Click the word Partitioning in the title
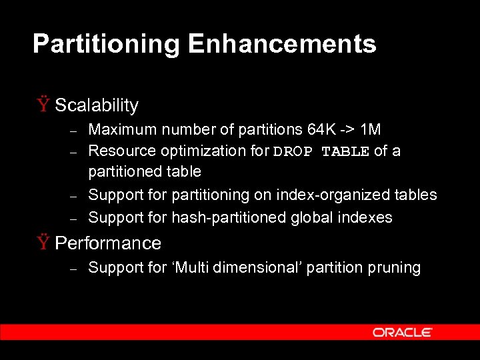coord(106,45)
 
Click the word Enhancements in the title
coord(282,45)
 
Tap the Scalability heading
coord(97,105)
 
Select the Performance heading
coord(108,243)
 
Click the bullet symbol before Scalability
coord(43,105)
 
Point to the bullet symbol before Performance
coord(43,243)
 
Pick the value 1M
coord(370,129)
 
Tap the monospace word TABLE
coord(345,151)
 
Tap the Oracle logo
coord(403,332)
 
